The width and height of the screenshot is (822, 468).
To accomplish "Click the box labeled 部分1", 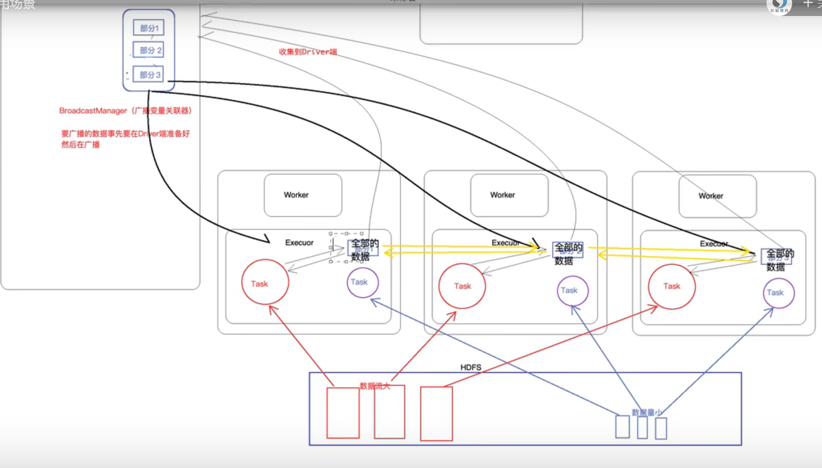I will (x=149, y=28).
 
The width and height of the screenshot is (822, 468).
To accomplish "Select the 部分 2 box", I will (x=149, y=50).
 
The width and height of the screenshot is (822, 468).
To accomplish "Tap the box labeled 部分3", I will (x=148, y=75).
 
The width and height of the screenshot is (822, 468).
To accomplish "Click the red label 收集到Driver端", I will (x=308, y=52).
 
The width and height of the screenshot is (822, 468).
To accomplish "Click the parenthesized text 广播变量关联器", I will (x=162, y=110).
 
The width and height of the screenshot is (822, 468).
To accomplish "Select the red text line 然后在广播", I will (x=80, y=145).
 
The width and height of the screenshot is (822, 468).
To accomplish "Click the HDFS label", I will (x=471, y=367).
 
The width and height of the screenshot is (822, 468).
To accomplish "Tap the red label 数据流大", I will (x=374, y=386).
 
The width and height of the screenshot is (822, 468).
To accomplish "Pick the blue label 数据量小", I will (x=647, y=412).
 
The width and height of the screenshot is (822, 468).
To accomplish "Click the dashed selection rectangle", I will (x=346, y=247).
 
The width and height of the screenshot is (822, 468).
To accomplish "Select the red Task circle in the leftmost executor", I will (x=265, y=282).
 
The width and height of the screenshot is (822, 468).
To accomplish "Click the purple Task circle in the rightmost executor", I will (x=778, y=292).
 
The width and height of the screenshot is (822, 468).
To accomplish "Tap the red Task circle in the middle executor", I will (x=462, y=285).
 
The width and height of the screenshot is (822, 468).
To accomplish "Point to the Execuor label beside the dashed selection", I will (x=299, y=243).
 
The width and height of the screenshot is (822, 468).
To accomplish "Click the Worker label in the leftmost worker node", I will (x=296, y=195).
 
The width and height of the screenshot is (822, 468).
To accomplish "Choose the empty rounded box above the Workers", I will (x=500, y=24).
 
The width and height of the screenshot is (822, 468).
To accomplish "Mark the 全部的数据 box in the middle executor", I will (x=567, y=253).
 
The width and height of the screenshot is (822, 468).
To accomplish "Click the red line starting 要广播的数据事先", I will (x=125, y=133).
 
